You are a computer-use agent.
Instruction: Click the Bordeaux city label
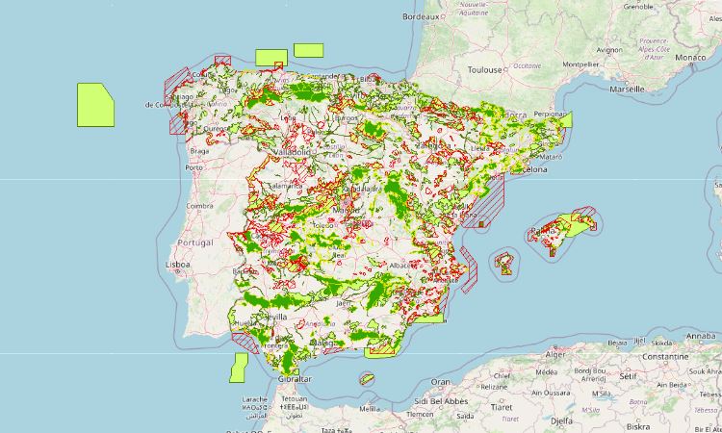pos(421,17)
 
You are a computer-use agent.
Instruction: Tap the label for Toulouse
pos(485,70)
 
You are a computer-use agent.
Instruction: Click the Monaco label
pos(689,58)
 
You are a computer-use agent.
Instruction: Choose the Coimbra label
pos(198,205)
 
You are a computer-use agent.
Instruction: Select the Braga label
pos(200,151)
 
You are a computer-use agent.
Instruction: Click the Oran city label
pos(440,382)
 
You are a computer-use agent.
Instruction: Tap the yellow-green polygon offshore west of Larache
pos(239,368)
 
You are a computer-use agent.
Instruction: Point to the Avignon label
pos(609,50)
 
